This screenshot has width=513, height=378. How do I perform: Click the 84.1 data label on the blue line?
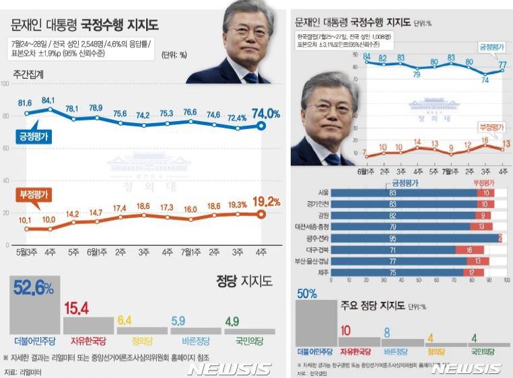48,100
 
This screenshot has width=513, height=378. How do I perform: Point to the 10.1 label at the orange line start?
24,220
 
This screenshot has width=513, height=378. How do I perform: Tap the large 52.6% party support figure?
32,289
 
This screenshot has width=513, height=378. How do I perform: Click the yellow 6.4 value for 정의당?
125,320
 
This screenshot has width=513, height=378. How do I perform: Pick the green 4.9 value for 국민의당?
231,322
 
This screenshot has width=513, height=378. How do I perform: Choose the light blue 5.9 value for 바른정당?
178,321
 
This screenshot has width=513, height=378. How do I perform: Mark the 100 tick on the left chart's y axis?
5,84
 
